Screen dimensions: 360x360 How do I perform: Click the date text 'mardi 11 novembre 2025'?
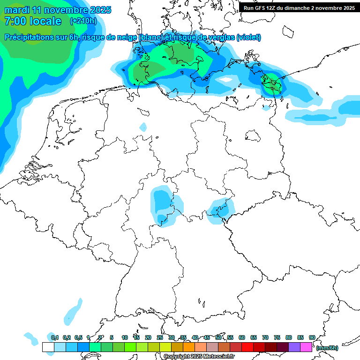[58, 10]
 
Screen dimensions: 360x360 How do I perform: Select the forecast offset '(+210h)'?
[83, 21]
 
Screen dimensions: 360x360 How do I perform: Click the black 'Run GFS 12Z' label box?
[299, 7]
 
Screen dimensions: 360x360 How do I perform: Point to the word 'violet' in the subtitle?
[248, 37]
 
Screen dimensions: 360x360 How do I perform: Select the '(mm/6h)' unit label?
[327, 348]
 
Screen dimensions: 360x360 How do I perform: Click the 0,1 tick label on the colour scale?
[55, 338]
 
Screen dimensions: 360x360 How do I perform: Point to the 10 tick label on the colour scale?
[125, 338]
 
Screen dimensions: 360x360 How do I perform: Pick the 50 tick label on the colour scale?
[218, 338]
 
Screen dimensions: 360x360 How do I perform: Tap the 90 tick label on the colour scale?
[312, 338]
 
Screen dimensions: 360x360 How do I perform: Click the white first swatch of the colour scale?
[48, 347]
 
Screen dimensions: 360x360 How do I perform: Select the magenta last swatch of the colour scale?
[306, 347]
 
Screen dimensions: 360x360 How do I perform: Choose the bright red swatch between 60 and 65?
[247, 347]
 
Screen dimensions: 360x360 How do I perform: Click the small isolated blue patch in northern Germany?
[143, 127]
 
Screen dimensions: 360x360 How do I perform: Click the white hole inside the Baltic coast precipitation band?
[226, 80]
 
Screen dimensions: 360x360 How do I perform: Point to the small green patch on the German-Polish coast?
[272, 82]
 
